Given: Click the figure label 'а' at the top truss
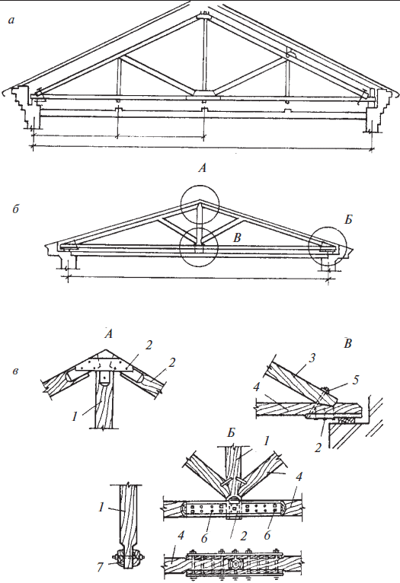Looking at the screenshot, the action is coord(12,21).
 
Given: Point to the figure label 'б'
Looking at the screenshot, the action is coord(16,209).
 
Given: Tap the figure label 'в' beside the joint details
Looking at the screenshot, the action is coord(15,371).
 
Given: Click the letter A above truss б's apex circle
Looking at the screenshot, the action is coord(202,168).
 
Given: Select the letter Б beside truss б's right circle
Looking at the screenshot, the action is coord(348,220).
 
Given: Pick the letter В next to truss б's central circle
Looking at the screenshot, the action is coord(237,237).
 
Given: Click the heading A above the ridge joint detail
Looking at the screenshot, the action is coord(108,334).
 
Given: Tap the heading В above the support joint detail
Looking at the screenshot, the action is coord(347,343).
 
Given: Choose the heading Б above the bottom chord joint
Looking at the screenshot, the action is coord(231,433).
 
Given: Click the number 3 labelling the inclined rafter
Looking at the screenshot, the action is coord(312,358).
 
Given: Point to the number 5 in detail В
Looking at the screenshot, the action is coord(356,381).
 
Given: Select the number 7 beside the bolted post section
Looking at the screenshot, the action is coord(99,567).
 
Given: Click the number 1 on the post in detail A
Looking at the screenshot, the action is coord(75,416).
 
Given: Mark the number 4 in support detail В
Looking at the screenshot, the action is coord(256,388).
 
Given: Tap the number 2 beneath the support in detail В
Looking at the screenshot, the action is coord(318,448).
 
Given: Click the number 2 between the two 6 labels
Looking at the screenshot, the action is coord(244,536).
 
